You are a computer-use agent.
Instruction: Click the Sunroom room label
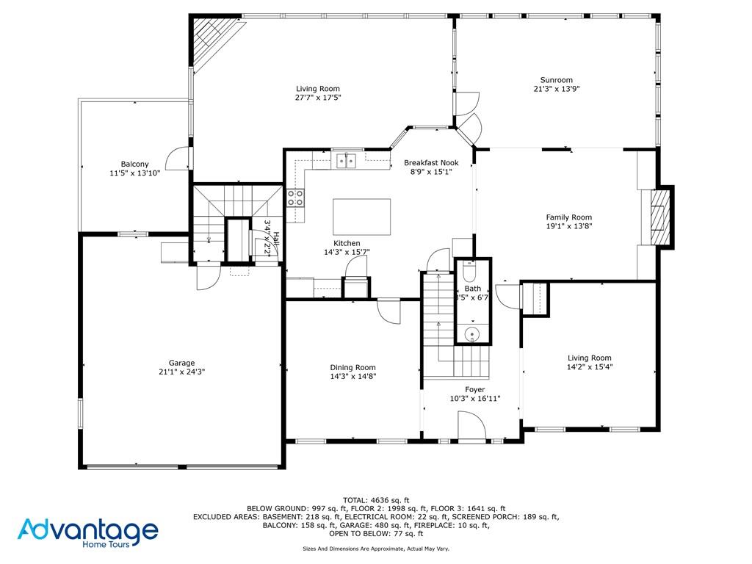click(x=556, y=80)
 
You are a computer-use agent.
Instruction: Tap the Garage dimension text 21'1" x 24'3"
click(x=181, y=372)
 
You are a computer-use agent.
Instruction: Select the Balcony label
click(x=134, y=164)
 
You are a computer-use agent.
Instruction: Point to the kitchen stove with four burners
click(x=295, y=197)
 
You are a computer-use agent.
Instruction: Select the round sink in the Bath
click(x=472, y=335)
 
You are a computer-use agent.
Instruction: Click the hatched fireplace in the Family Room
click(x=662, y=217)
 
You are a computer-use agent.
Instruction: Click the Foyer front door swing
click(x=471, y=426)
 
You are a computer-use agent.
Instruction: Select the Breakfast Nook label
click(x=431, y=162)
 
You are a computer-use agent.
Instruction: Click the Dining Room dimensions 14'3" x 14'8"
click(x=352, y=377)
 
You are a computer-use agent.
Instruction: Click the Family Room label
click(x=568, y=217)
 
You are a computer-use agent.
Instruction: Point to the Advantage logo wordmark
click(x=88, y=529)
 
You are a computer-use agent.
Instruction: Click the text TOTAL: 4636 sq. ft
click(x=375, y=499)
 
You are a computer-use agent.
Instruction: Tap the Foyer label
click(x=474, y=389)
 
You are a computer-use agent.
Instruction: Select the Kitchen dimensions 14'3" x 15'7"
click(x=347, y=252)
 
